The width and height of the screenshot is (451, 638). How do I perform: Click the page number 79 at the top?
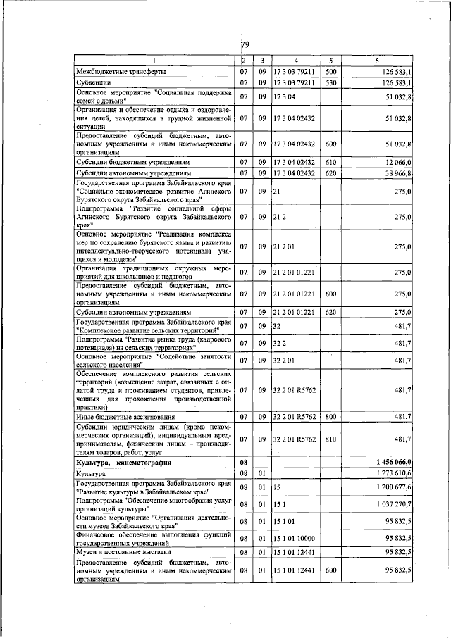[245, 46]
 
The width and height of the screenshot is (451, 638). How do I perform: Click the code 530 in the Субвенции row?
[331, 83]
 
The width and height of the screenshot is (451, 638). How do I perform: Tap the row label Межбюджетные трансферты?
[121, 72]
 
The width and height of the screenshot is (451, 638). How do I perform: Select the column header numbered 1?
[154, 61]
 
